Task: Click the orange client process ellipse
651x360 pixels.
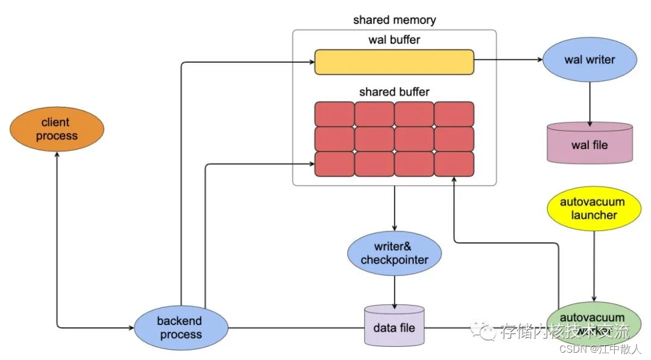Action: click(x=57, y=129)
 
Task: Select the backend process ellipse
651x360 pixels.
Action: click(x=181, y=327)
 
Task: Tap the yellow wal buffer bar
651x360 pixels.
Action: click(x=394, y=62)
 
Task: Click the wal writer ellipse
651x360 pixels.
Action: click(x=590, y=60)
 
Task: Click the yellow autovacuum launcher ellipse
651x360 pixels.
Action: click(x=593, y=209)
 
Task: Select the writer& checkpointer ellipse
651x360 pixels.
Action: click(x=394, y=253)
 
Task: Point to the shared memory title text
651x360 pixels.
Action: click(x=394, y=20)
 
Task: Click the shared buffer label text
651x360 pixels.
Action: click(x=394, y=92)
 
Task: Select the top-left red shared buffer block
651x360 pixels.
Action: click(x=334, y=114)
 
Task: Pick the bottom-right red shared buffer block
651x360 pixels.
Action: click(x=454, y=163)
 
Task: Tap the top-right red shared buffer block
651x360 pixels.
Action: click(x=454, y=114)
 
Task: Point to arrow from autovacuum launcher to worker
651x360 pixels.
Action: click(x=595, y=265)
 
